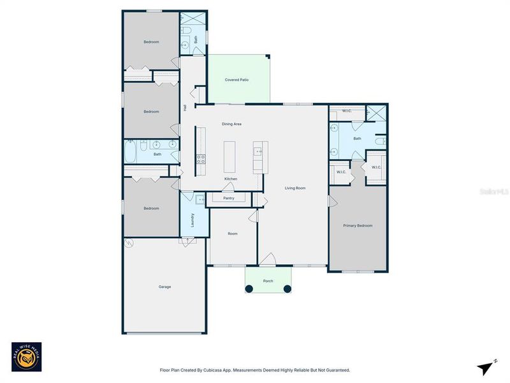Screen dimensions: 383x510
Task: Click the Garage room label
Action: pyautogui.click(x=164, y=287)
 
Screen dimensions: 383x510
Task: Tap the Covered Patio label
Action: pyautogui.click(x=237, y=80)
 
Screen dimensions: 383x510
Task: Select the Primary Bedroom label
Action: pyautogui.click(x=358, y=225)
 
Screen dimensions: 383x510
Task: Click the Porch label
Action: pyautogui.click(x=268, y=281)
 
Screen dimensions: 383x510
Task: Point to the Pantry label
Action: pyautogui.click(x=229, y=199)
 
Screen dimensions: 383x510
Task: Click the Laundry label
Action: pyautogui.click(x=193, y=220)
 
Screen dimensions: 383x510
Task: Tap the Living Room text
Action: pyautogui.click(x=295, y=188)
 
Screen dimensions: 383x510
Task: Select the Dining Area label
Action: pyautogui.click(x=231, y=124)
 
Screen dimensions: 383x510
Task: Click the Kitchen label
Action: pyautogui.click(x=231, y=179)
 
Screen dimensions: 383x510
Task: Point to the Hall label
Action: pyautogui.click(x=185, y=108)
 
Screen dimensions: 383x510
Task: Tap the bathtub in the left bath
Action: pyautogui.click(x=131, y=153)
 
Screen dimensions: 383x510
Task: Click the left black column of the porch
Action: pyautogui.click(x=249, y=289)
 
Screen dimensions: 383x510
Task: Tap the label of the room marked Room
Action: pyautogui.click(x=233, y=234)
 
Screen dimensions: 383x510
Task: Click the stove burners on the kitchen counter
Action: pyautogui.click(x=200, y=159)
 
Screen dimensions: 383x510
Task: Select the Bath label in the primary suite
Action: pyautogui.click(x=357, y=139)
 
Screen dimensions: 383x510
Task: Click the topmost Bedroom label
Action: pyautogui.click(x=151, y=41)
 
